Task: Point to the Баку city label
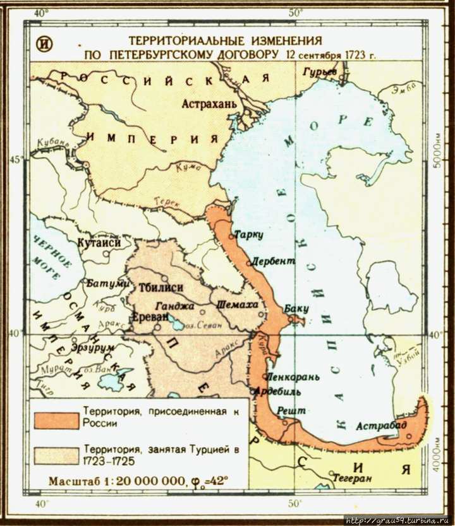click(x=296, y=309)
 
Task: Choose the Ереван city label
click(x=150, y=316)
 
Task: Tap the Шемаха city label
click(x=237, y=304)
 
